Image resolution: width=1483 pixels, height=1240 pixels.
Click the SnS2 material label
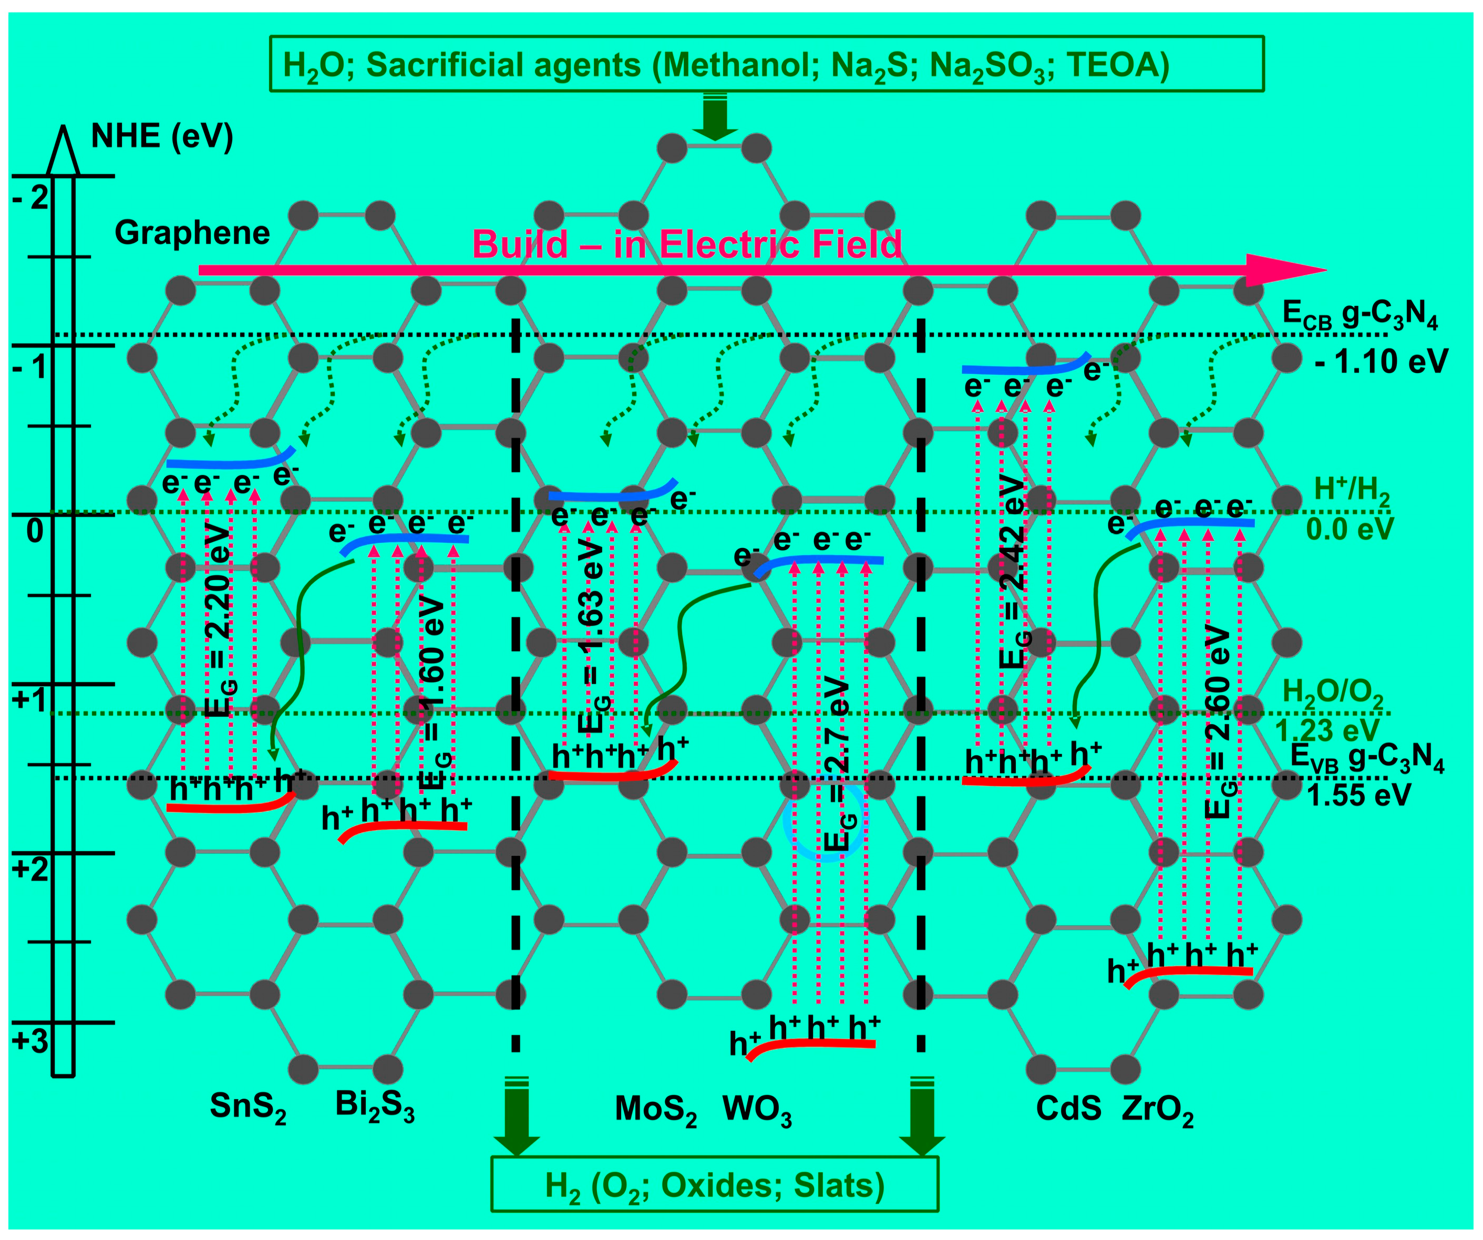pyautogui.click(x=248, y=1107)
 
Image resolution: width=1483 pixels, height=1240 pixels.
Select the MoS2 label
pyautogui.click(x=655, y=1109)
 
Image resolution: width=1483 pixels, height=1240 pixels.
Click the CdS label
pyautogui.click(x=1068, y=1109)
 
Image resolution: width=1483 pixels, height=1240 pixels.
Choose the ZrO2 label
pyautogui.click(x=1158, y=1109)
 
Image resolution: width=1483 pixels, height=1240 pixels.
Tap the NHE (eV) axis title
pyautogui.click(x=162, y=136)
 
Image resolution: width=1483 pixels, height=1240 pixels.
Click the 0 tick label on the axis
pyautogui.click(x=35, y=531)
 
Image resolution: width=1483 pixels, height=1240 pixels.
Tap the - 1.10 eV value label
pyautogui.click(x=1381, y=361)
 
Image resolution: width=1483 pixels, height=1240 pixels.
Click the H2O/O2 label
pyautogui.click(x=1332, y=693)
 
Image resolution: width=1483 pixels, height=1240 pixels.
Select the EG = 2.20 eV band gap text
pyautogui.click(x=220, y=622)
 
